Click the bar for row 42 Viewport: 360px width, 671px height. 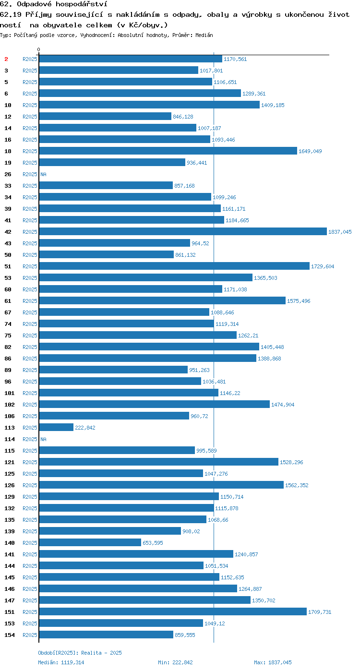(x=183, y=231)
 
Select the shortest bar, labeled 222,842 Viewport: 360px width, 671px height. (x=56, y=428)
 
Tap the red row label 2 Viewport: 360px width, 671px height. (x=6, y=59)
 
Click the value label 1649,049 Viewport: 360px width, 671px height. (x=310, y=151)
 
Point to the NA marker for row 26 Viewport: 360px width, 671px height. (x=43, y=174)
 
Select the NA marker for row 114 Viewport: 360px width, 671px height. (x=43, y=439)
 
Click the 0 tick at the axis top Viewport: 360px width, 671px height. (x=38, y=49)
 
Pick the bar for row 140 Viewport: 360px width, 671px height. (x=90, y=542)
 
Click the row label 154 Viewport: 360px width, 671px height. (x=10, y=635)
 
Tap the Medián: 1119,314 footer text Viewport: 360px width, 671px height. (x=61, y=662)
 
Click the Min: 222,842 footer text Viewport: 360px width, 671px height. (x=175, y=662)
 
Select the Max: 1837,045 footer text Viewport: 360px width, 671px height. (x=273, y=662)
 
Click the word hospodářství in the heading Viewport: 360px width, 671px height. (x=82, y=4)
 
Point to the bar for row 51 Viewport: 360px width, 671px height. (x=174, y=266)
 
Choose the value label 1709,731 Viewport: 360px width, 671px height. (x=320, y=612)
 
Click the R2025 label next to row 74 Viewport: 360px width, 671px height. (x=30, y=324)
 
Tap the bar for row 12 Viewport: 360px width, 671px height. (x=105, y=116)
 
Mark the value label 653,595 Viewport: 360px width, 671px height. (x=153, y=543)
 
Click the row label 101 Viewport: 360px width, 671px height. (x=10, y=393)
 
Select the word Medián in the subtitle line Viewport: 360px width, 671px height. (x=204, y=35)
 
